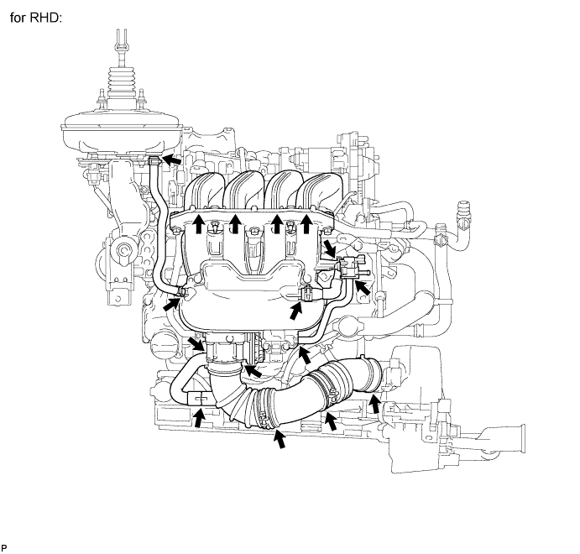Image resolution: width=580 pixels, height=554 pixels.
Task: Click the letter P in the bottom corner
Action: click(x=4, y=547)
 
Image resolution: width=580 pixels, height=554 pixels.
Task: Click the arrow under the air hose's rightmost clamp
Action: click(x=375, y=407)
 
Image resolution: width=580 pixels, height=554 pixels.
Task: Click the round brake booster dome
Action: click(x=118, y=133)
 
